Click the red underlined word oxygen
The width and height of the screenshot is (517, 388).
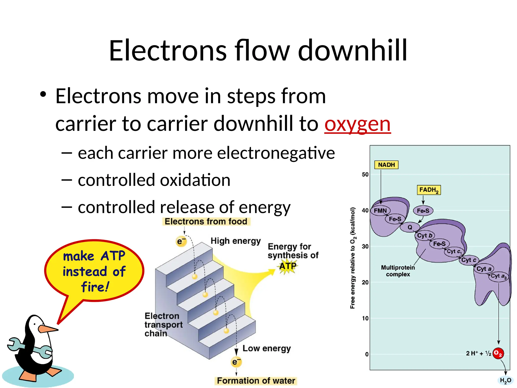click(x=357, y=124)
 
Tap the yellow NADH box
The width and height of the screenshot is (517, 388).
click(x=386, y=165)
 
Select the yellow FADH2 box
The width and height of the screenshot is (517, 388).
click(x=428, y=190)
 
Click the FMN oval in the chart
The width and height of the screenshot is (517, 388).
click(x=380, y=211)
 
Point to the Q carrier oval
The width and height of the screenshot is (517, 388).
click(x=410, y=227)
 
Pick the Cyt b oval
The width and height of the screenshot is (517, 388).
click(x=425, y=236)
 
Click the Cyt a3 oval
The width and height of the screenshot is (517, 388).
click(x=498, y=276)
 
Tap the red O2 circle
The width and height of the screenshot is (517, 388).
click(x=498, y=353)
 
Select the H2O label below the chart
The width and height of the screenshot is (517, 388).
click(x=505, y=380)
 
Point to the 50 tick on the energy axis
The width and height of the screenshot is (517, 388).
click(x=365, y=175)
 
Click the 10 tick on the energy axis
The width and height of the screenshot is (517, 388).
click(x=365, y=319)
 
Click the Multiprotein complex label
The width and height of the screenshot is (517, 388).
click(x=398, y=271)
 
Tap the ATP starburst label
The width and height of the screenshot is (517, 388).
click(x=288, y=266)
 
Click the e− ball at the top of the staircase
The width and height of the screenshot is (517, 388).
click(x=181, y=241)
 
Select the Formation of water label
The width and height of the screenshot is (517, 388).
click(x=256, y=381)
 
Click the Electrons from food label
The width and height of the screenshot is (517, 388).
click(x=206, y=222)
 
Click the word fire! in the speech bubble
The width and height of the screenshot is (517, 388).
click(x=95, y=287)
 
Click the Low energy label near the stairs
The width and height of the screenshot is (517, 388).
click(x=267, y=348)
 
